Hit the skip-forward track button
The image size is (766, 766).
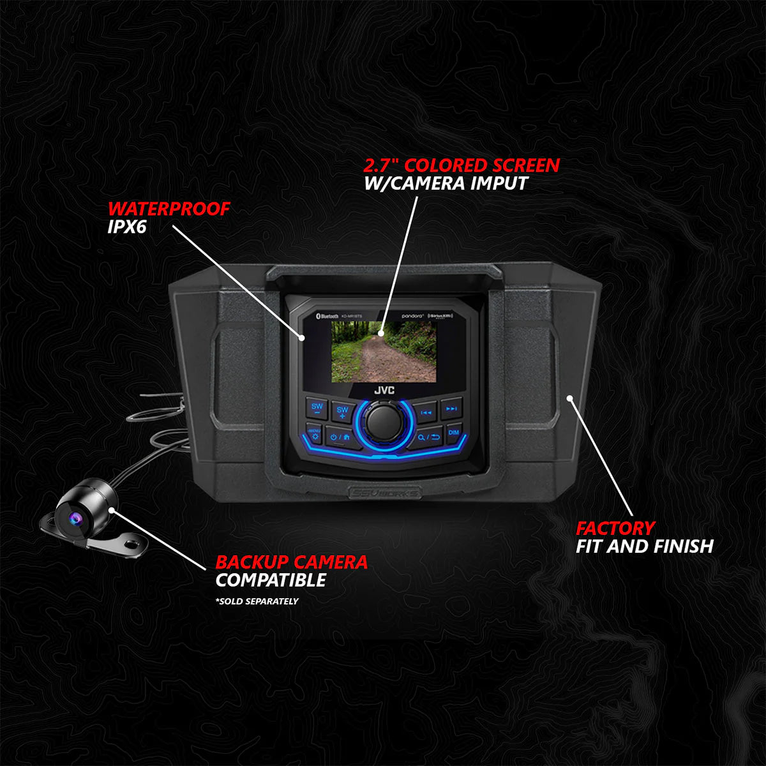coord(451,409)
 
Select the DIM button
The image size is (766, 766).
coord(453,432)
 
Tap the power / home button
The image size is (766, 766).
coord(338,437)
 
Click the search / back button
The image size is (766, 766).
coord(428,437)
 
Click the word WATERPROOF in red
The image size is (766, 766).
coord(169,209)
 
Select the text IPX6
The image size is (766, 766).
coord(127,227)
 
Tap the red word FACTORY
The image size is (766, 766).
coord(615,528)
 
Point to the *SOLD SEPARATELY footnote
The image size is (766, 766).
coord(257,601)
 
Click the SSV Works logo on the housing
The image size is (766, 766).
coord(385,492)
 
